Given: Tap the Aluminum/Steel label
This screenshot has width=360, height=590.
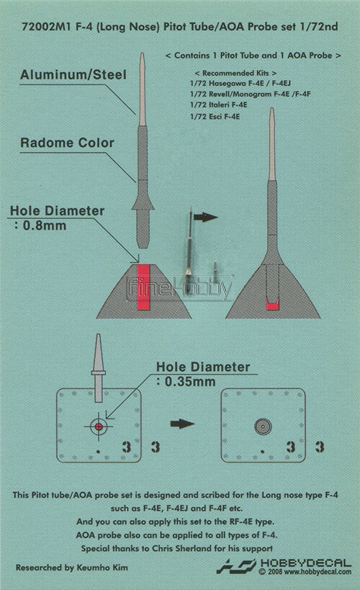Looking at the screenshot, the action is (73, 74).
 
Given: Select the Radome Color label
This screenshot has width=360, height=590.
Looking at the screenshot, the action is (68, 143).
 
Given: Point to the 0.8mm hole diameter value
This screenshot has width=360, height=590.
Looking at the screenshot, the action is (45, 225).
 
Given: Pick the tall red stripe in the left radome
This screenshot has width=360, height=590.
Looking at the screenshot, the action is (144, 287).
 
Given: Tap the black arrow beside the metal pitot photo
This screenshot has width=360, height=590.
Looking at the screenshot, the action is (205, 217).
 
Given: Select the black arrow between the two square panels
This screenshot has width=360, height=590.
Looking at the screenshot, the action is (182, 424).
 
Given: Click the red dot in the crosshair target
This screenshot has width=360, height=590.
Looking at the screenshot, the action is (99, 426).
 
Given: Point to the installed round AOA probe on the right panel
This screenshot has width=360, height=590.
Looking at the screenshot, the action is (263, 426).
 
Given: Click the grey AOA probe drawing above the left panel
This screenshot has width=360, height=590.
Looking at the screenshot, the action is (98, 368).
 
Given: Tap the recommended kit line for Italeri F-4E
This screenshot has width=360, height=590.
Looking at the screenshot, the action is (219, 105).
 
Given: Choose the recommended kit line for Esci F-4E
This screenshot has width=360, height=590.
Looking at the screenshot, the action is (215, 117).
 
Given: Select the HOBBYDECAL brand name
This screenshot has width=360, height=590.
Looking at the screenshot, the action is (306, 563).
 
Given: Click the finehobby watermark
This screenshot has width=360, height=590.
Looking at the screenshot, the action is (180, 289).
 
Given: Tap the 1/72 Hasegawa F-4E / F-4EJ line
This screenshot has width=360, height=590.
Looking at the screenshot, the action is (240, 84).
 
